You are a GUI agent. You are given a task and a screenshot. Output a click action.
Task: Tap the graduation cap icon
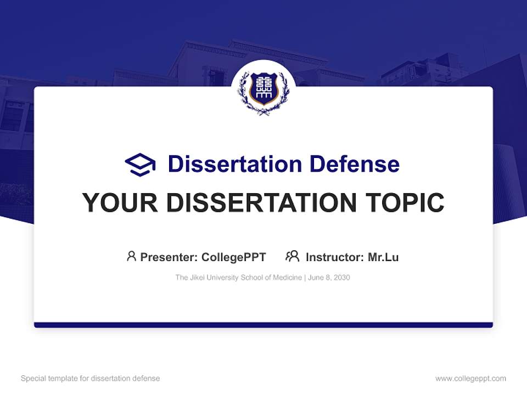point(140,164)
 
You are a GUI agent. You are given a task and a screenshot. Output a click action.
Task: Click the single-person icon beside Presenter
point(131,256)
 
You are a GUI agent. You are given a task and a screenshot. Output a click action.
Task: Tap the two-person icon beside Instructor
point(293,256)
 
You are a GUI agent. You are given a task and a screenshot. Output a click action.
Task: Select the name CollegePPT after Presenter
point(234,257)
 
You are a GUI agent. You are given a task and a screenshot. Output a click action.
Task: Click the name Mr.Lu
point(383,257)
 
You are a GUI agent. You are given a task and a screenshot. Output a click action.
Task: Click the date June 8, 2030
point(329,278)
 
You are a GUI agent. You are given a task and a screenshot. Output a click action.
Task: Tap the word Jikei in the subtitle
point(197,278)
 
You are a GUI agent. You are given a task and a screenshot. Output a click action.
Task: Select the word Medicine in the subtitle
point(287,278)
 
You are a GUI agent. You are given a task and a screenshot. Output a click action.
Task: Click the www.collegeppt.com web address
point(470,379)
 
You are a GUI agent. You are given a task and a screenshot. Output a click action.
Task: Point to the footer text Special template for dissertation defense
point(91,379)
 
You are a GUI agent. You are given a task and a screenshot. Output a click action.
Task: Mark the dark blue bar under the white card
point(263,325)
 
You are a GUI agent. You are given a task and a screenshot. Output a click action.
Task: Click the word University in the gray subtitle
point(223,278)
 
